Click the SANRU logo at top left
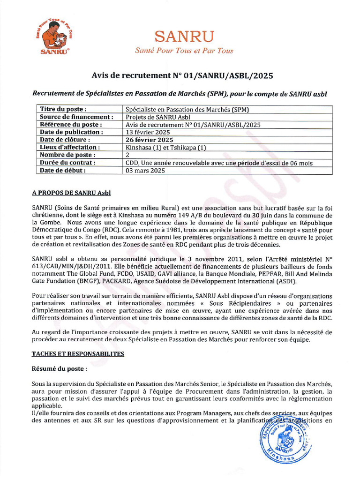point(53,38)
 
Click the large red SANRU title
point(184,36)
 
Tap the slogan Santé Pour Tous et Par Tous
point(184,51)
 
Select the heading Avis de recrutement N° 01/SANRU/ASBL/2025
point(182,75)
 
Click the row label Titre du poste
point(63,109)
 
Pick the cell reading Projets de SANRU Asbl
point(158,117)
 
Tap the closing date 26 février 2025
point(150,140)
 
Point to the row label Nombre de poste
point(67,155)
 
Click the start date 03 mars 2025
point(145,170)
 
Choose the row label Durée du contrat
point(67,163)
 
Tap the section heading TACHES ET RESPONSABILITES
point(78,354)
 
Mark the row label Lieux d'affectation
point(71,147)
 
